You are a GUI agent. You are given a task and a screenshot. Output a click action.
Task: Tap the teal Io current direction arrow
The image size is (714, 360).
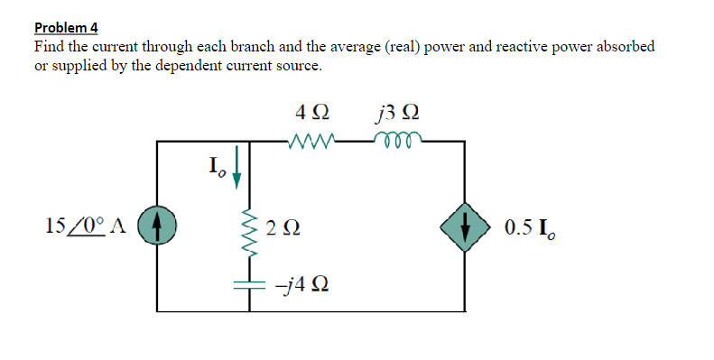click(x=236, y=171)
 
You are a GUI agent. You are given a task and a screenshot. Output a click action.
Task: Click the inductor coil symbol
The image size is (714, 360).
click(x=395, y=140)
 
